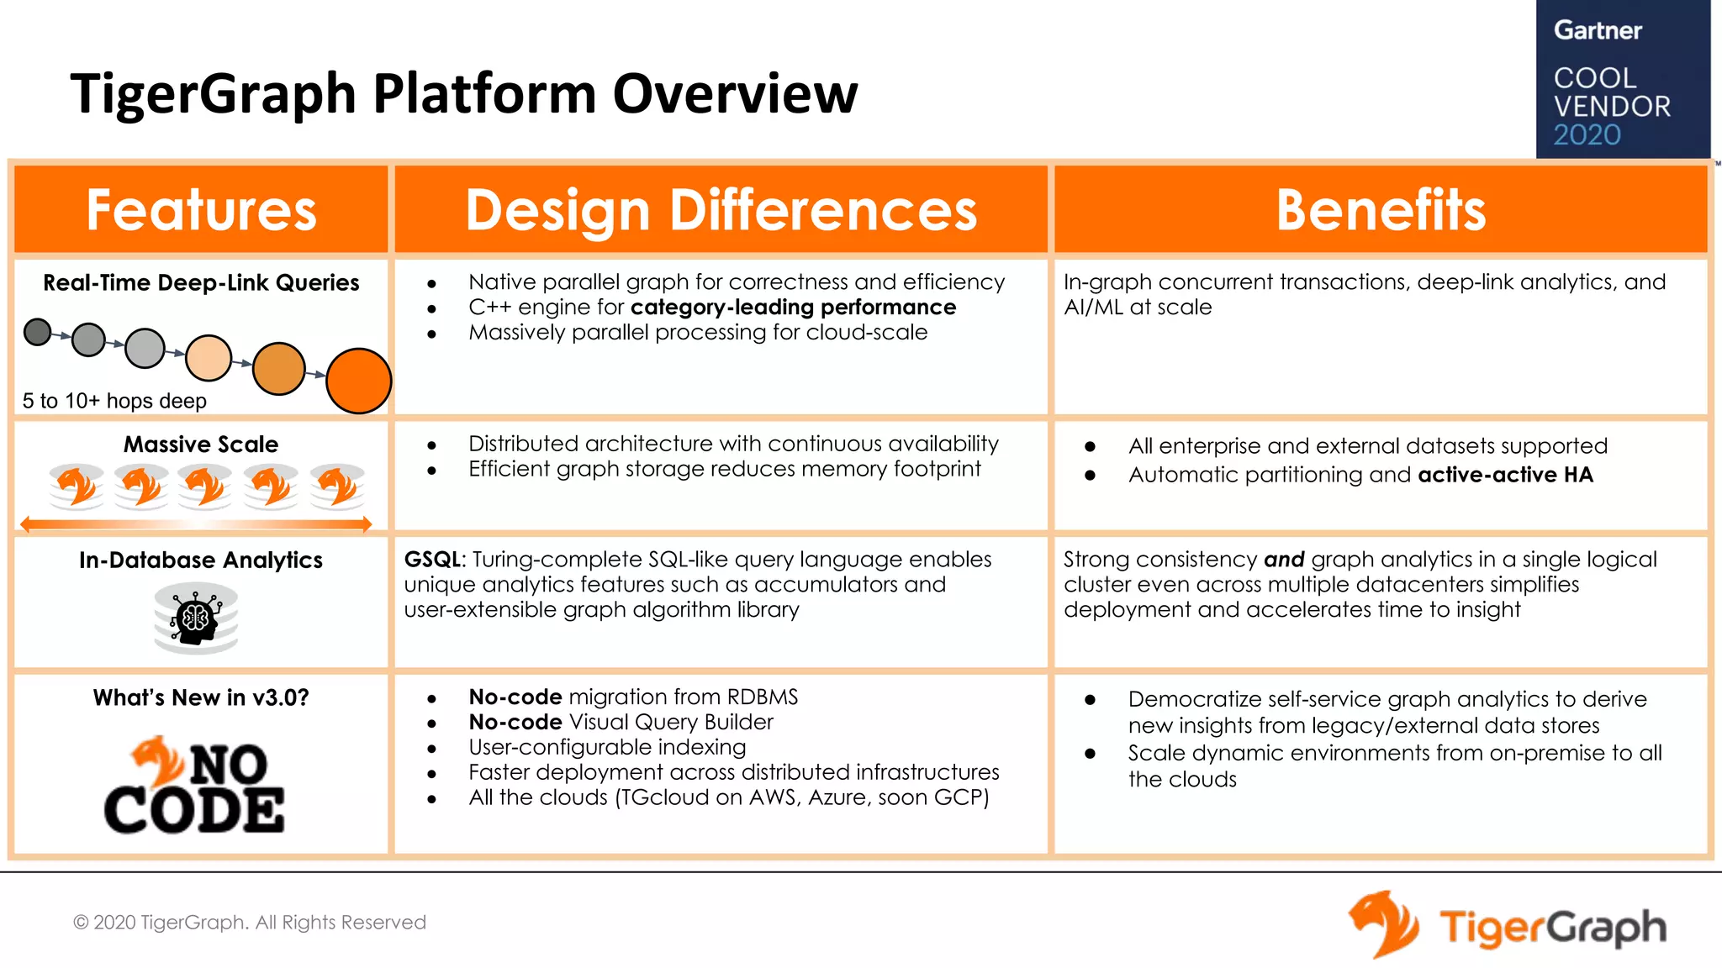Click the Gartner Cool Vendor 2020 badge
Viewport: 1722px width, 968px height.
click(x=1622, y=80)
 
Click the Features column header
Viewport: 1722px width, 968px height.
click(x=201, y=209)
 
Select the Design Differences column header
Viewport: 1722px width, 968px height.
click(x=721, y=209)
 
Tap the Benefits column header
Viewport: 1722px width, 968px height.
click(x=1381, y=209)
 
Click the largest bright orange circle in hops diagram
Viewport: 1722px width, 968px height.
click(x=358, y=381)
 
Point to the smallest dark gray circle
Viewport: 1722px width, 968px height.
click(x=38, y=332)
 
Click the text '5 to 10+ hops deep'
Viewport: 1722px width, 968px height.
click(x=114, y=401)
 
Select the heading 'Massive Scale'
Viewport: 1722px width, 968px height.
click(x=201, y=444)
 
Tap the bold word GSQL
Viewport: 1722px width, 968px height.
click(x=433, y=560)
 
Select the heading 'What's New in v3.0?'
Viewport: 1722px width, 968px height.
click(x=201, y=697)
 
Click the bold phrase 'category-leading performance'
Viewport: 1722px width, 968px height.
click(x=793, y=308)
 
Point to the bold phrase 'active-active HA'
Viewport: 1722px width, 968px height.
click(x=1505, y=475)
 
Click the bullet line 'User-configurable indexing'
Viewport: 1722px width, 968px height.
click(x=607, y=747)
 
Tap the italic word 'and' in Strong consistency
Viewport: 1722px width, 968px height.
click(x=1284, y=560)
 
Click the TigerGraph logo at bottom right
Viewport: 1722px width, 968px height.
click(x=1508, y=925)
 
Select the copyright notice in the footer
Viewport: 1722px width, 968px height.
click(x=250, y=923)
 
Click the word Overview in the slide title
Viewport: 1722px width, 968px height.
click(x=735, y=93)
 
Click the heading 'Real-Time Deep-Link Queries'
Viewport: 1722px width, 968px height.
click(x=201, y=282)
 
